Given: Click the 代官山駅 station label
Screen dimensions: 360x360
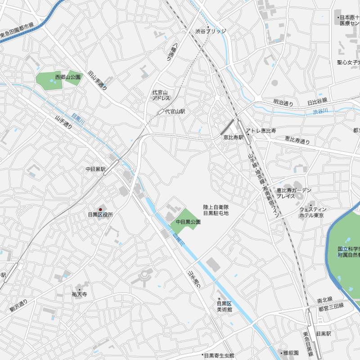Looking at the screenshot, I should pyautogui.click(x=175, y=111).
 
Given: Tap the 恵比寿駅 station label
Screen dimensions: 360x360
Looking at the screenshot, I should pyautogui.click(x=233, y=137).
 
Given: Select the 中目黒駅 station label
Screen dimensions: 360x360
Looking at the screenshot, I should pyautogui.click(x=95, y=169).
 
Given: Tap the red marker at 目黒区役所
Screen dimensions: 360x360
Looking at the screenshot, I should pyautogui.click(x=100, y=209).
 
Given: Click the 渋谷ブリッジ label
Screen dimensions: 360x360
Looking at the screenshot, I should pyautogui.click(x=211, y=31).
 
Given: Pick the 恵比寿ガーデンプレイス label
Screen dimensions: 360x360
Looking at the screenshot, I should pyautogui.click(x=293, y=193).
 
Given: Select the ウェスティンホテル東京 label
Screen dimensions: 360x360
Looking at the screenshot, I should pyautogui.click(x=312, y=212).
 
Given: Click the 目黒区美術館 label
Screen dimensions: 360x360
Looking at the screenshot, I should pyautogui.click(x=224, y=306).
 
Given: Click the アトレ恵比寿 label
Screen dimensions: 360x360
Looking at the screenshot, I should pyautogui.click(x=261, y=131).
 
